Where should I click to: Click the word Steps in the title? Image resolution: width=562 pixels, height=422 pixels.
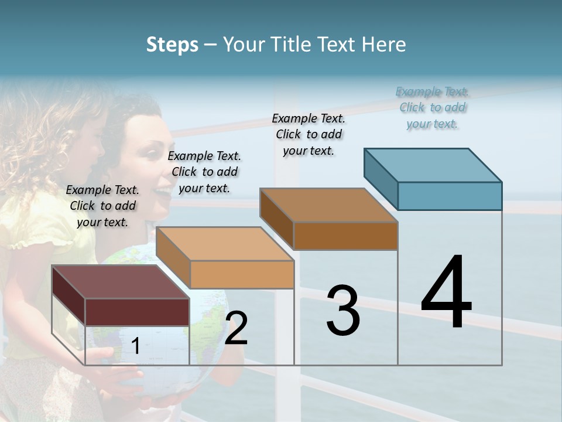[172, 45]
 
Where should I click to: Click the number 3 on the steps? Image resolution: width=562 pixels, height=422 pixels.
[343, 311]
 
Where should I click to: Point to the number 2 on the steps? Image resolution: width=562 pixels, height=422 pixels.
[236, 328]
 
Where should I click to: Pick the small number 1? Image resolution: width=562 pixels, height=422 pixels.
[135, 346]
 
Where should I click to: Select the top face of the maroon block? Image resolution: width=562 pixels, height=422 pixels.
[121, 281]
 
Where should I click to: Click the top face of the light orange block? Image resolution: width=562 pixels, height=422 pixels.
[225, 244]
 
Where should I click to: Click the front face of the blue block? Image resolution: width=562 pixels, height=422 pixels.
[450, 196]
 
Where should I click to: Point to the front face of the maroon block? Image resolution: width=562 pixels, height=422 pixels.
[137, 312]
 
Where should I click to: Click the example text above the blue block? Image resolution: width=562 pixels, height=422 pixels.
[433, 108]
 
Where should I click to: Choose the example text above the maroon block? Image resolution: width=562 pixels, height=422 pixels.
[102, 206]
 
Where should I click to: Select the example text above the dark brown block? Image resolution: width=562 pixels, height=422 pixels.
[309, 134]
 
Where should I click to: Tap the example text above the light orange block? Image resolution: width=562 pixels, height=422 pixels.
[204, 172]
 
